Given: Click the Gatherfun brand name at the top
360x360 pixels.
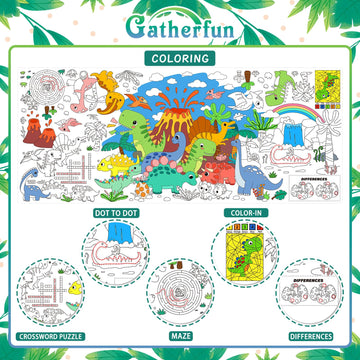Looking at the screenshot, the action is (180, 24).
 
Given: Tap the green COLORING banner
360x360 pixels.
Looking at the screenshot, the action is (180, 57).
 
